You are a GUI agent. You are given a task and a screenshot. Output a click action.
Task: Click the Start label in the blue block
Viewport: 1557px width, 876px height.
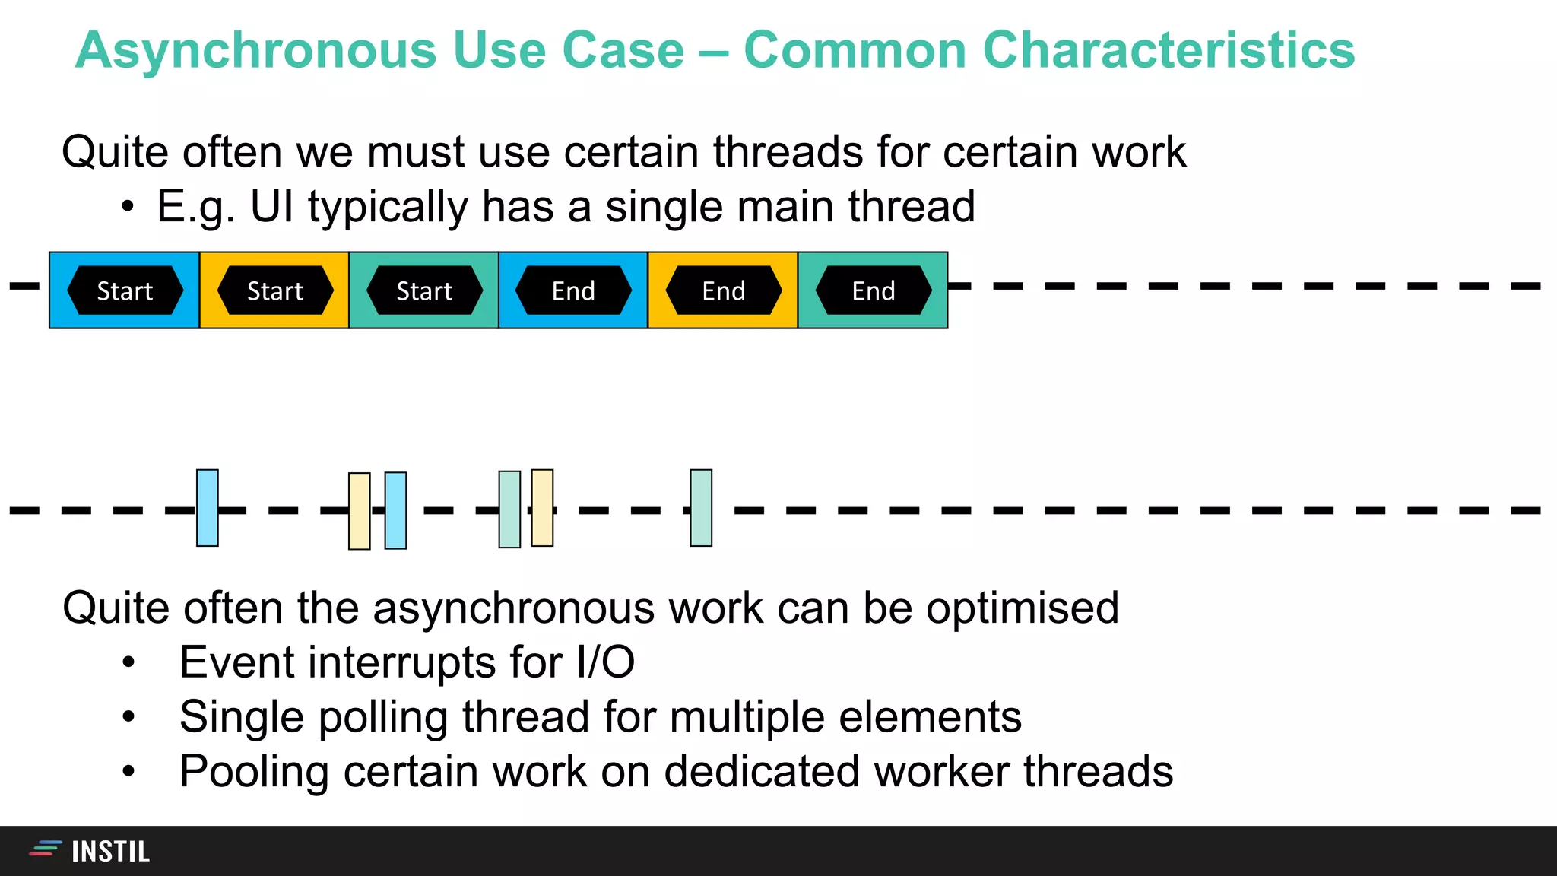(x=125, y=290)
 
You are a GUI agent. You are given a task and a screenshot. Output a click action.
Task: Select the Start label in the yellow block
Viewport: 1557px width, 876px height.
(x=274, y=290)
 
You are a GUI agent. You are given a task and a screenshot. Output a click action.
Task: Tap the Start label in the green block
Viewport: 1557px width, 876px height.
(x=424, y=290)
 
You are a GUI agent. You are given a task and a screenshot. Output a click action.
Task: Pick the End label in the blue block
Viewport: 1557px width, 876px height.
(x=573, y=290)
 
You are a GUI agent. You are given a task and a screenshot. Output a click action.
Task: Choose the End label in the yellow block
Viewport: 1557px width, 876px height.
(x=723, y=290)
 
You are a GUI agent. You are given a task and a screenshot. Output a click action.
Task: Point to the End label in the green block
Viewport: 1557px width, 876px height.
(x=873, y=290)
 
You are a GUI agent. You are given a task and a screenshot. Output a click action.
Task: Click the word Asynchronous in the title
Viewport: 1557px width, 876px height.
(x=255, y=50)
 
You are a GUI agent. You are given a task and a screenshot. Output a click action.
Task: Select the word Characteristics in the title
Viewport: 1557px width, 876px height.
(x=1169, y=50)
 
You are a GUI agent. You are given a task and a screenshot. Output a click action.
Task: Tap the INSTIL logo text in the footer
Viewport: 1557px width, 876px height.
(x=110, y=852)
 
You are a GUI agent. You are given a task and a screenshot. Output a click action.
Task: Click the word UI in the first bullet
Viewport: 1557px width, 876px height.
(x=271, y=207)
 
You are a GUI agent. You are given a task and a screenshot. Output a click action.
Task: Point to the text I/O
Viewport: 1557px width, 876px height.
(x=605, y=662)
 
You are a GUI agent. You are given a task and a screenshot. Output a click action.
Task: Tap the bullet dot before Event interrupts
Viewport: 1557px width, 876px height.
(x=128, y=663)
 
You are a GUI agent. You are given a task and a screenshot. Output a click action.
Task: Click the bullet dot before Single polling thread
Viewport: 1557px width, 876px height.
(x=128, y=717)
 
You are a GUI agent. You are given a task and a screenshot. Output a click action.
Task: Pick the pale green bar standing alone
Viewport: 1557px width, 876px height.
(x=701, y=508)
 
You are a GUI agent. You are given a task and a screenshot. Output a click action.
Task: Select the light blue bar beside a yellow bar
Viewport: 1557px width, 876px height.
(x=395, y=510)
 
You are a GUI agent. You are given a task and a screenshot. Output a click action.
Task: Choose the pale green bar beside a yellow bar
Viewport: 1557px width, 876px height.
(x=509, y=509)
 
